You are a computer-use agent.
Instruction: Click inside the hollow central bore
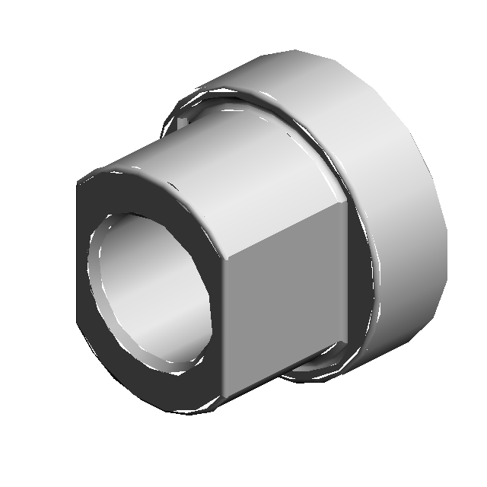152,289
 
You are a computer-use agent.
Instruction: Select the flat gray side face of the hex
285,304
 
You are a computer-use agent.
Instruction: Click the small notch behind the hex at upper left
183,122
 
